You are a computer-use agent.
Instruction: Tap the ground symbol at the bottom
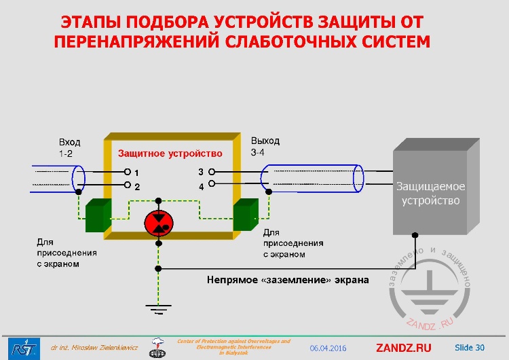[x=158, y=309]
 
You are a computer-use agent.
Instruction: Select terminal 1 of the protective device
[x=127, y=173]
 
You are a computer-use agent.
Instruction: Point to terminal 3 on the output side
[x=211, y=172]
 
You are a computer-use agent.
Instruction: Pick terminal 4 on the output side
[x=211, y=184]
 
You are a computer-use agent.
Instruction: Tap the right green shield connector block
[x=245, y=215]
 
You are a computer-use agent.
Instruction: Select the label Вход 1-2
[x=69, y=148]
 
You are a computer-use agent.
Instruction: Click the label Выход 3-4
[x=265, y=147]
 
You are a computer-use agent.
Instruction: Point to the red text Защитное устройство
[x=170, y=154]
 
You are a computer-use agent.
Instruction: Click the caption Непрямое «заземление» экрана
[x=288, y=279]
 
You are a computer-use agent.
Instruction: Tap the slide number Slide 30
[x=470, y=348]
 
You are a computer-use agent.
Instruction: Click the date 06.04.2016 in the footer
[x=328, y=348]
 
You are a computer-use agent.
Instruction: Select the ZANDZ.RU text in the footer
[x=403, y=348]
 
